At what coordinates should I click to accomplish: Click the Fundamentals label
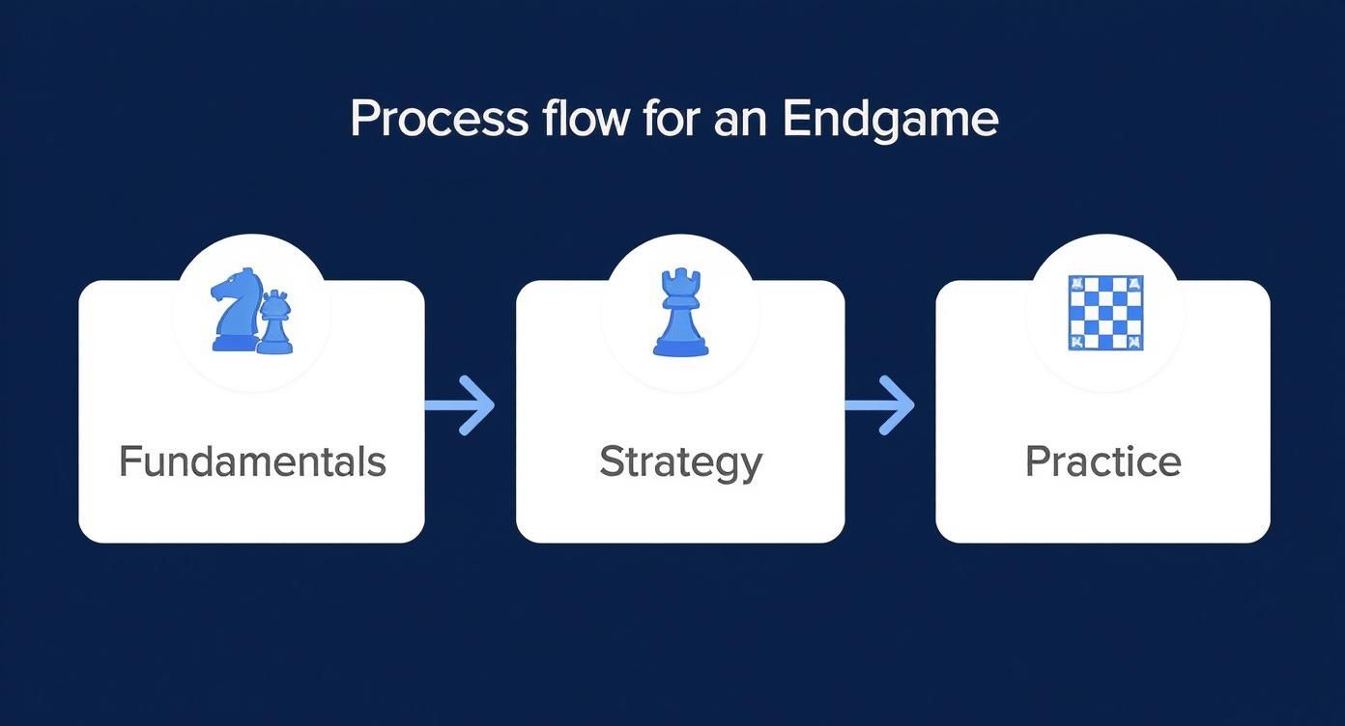pyautogui.click(x=252, y=461)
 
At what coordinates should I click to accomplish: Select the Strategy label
pyautogui.click(x=680, y=462)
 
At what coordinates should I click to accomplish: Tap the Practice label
pyautogui.click(x=1102, y=461)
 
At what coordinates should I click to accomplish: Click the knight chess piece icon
pyautogui.click(x=234, y=309)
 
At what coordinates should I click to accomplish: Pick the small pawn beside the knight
pyautogui.click(x=275, y=322)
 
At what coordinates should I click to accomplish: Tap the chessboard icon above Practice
pyautogui.click(x=1105, y=312)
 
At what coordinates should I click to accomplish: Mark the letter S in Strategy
pyautogui.click(x=611, y=461)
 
